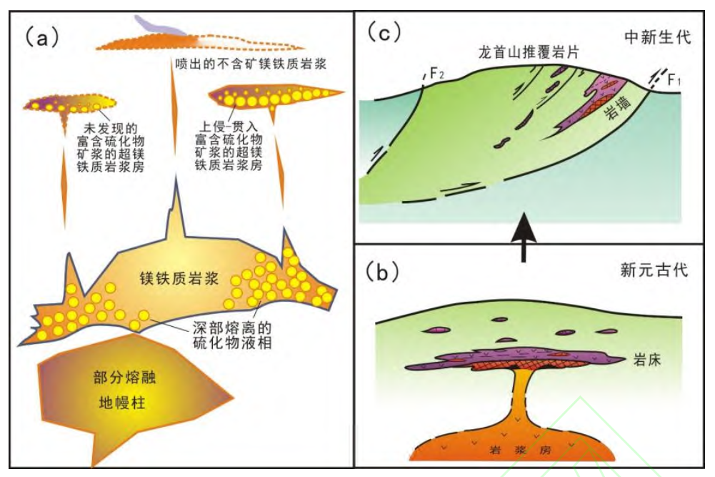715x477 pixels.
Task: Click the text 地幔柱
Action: [121, 402]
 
